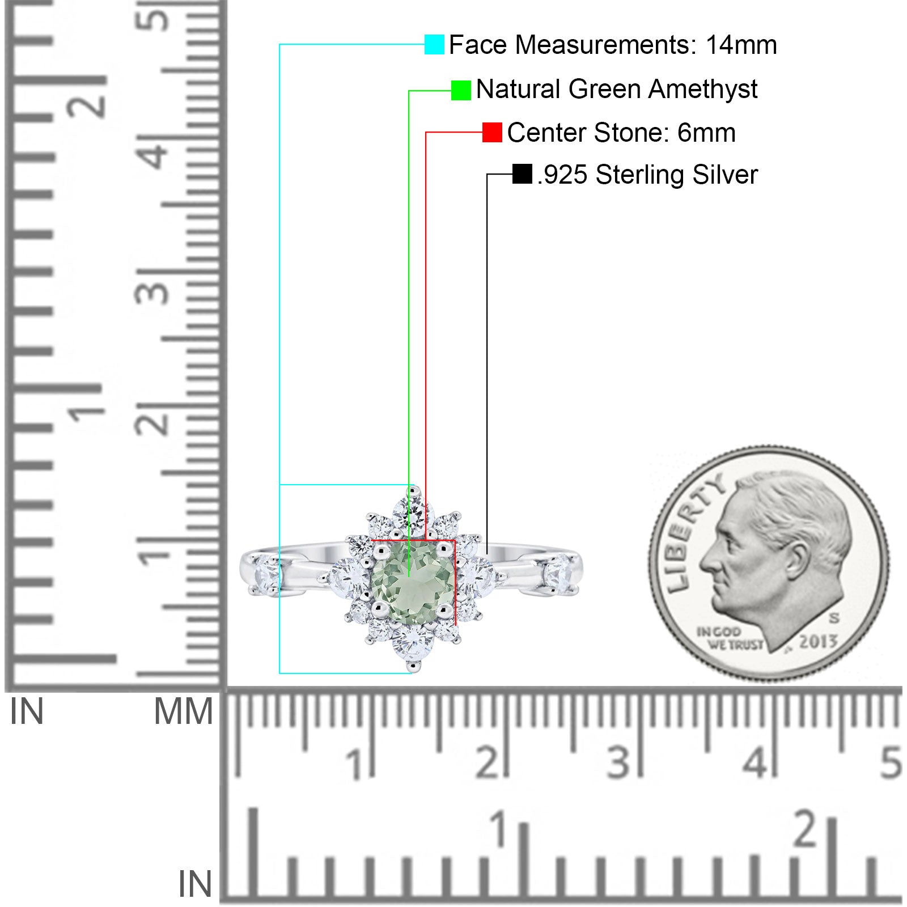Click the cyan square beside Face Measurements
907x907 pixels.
click(x=434, y=44)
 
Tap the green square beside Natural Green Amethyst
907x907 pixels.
click(x=461, y=90)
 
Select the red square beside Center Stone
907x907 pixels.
click(x=492, y=133)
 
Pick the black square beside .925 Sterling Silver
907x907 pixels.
click(x=522, y=174)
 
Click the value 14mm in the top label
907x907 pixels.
click(x=741, y=45)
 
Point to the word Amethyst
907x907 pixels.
click(x=703, y=90)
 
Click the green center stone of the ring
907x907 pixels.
click(x=413, y=582)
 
